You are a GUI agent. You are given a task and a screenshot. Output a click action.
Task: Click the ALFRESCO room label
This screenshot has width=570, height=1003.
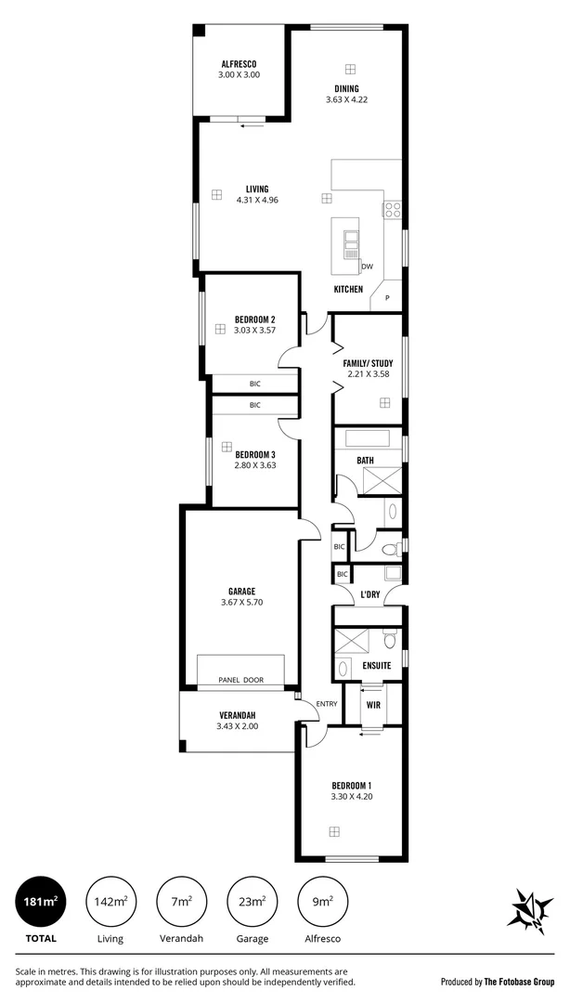point(239,63)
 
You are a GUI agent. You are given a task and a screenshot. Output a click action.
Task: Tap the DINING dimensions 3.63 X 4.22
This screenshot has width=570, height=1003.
point(348,100)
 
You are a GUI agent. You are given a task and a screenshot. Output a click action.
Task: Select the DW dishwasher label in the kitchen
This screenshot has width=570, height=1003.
point(367,267)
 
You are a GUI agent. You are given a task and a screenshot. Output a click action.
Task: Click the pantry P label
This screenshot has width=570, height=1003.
point(387,298)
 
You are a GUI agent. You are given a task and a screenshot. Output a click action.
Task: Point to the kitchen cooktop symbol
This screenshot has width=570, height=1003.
point(392,209)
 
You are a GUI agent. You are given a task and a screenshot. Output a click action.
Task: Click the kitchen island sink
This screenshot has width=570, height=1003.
point(351,243)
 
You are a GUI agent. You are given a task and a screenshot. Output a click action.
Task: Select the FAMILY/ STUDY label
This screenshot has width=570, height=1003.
point(368,363)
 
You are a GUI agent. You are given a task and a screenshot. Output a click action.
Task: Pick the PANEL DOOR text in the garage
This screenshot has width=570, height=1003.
point(240,680)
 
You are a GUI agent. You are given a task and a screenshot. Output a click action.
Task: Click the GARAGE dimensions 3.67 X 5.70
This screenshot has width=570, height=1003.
point(241,602)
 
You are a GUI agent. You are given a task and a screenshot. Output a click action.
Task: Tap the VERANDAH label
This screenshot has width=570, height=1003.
point(237,714)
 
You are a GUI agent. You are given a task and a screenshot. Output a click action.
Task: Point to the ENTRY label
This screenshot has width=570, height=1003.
point(327,703)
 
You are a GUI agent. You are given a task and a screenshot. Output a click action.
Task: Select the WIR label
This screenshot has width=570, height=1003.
point(374,705)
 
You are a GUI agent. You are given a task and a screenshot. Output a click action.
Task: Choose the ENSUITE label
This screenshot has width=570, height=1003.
point(377,665)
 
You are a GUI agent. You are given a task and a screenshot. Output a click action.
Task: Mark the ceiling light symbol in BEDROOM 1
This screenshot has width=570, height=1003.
point(332,831)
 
